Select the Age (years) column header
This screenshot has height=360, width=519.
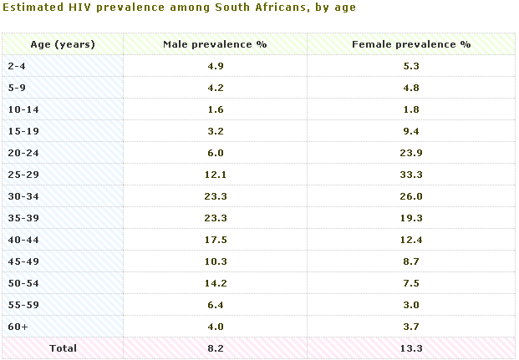click(x=63, y=44)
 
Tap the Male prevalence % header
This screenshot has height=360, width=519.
click(x=215, y=44)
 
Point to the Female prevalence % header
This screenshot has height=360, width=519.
click(x=411, y=44)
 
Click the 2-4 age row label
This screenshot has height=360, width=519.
click(x=17, y=66)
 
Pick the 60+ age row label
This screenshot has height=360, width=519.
click(x=18, y=327)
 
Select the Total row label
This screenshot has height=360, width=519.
click(x=63, y=348)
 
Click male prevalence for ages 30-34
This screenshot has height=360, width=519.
click(x=216, y=196)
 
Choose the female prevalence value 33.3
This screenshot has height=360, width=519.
click(x=411, y=175)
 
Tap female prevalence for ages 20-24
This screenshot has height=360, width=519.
click(x=411, y=153)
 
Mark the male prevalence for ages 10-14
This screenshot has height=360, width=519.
click(x=216, y=109)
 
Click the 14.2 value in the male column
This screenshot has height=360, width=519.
click(x=216, y=283)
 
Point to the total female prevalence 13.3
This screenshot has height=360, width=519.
click(x=411, y=348)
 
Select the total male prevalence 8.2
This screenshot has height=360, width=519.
click(x=216, y=348)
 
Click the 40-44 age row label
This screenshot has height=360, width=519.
click(x=23, y=240)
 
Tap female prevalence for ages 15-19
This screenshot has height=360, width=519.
click(x=411, y=131)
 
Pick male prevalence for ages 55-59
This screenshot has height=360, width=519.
click(x=216, y=305)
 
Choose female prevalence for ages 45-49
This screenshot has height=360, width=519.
click(x=411, y=261)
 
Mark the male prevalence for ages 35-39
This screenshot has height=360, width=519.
click(x=216, y=218)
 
